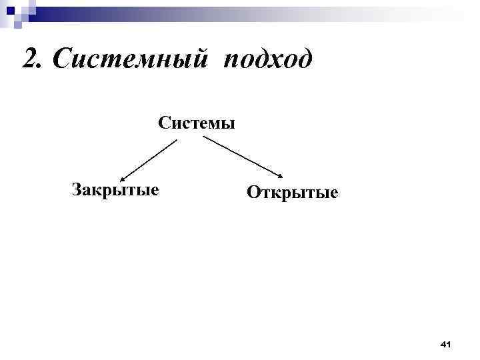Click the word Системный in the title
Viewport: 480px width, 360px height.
[132, 60]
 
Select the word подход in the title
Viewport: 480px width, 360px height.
[268, 61]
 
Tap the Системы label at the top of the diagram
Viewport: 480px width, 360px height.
[197, 123]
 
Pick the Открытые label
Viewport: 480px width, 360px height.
[292, 193]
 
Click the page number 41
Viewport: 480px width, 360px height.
[446, 344]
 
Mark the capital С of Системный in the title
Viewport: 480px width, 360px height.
[61, 60]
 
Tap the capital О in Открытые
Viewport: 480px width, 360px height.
[253, 193]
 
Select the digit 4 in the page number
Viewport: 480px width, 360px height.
[443, 344]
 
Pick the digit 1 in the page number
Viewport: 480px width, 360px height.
[449, 344]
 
